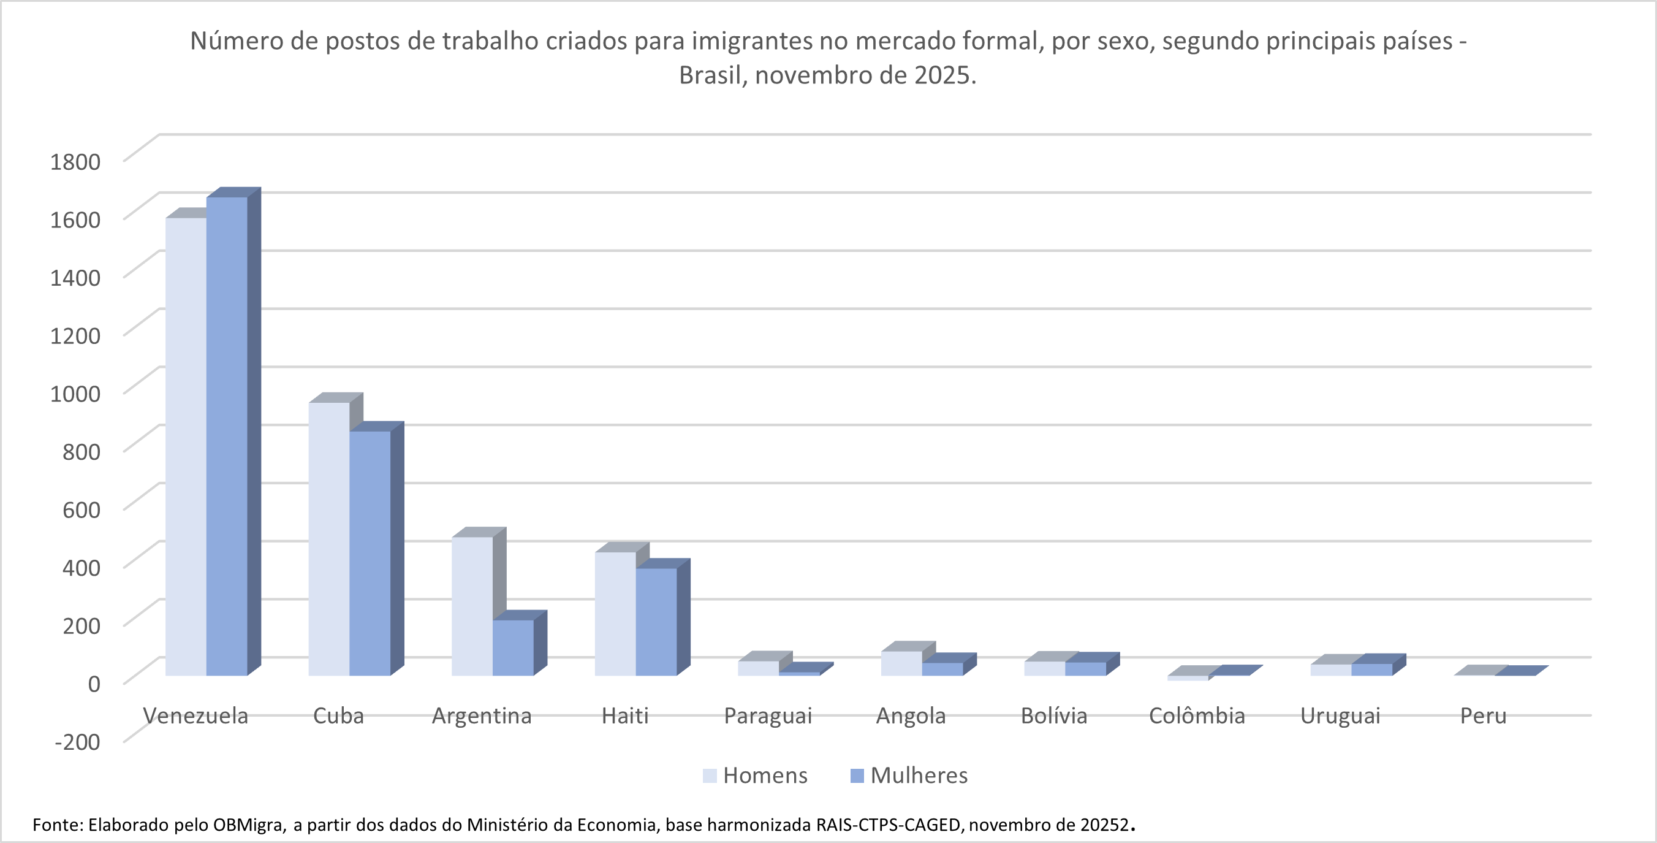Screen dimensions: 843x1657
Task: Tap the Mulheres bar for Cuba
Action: click(x=370, y=554)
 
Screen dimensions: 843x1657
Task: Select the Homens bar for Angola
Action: click(x=901, y=663)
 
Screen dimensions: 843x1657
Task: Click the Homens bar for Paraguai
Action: click(x=759, y=668)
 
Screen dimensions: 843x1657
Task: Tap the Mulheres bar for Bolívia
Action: click(x=1085, y=669)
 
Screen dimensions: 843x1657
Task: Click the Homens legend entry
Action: click(x=755, y=776)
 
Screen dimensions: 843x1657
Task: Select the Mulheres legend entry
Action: click(x=909, y=776)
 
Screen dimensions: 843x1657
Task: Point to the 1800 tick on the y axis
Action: click(x=75, y=161)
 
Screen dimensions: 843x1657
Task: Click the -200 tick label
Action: click(x=77, y=741)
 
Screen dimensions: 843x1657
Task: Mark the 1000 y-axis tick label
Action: click(x=75, y=393)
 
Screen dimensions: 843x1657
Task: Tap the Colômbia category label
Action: click(x=1196, y=715)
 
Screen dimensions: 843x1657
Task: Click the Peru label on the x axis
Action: click(x=1483, y=715)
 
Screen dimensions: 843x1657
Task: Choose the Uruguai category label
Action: click(x=1340, y=715)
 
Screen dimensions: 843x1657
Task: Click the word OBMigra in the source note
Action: click(x=249, y=825)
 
